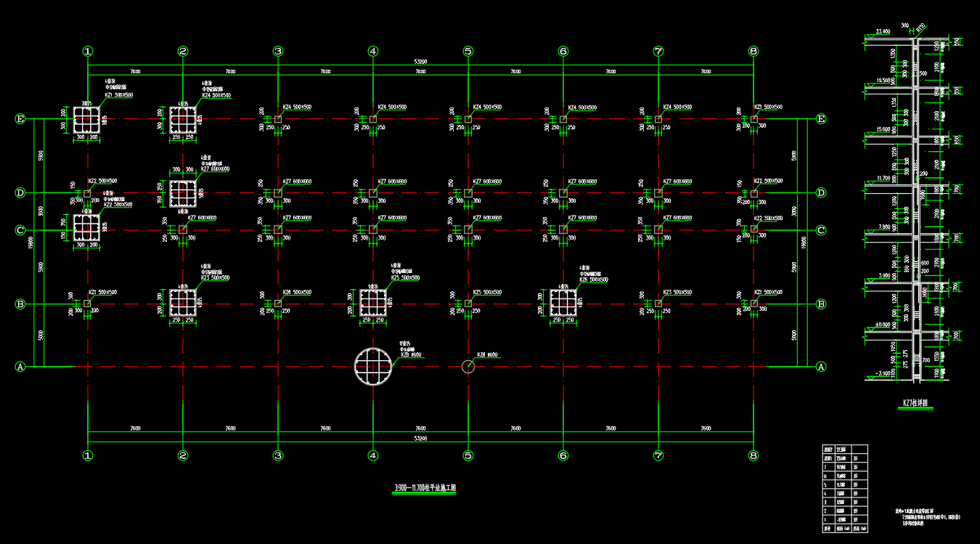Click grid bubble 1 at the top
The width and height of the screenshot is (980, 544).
88,51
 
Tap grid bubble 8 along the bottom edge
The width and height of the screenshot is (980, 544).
754,455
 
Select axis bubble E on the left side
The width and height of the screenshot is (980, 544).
20,118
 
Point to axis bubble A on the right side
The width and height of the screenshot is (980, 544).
822,367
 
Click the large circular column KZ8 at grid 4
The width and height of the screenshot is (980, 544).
373,366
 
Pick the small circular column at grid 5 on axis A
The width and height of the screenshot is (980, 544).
468,366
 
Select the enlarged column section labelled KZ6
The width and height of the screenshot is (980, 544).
563,303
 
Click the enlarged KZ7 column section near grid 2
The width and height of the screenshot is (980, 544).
183,193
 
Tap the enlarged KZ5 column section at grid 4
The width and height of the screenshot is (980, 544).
373,303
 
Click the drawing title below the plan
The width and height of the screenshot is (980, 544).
425,489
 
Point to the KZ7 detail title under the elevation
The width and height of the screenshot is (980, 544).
915,402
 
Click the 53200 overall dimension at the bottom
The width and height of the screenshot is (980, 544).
420,439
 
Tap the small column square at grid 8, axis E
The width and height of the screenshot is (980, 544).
754,118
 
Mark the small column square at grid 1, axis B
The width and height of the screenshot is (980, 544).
88,303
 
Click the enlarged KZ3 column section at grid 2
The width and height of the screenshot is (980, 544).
183,303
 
